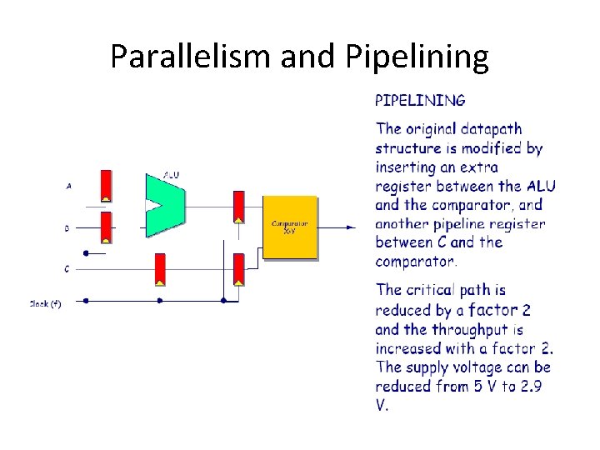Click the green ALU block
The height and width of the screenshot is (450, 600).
pos(163,205)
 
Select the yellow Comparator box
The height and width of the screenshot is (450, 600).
pos(290,227)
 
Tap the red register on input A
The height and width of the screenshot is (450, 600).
pos(106,186)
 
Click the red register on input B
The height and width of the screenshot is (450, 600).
pos(106,227)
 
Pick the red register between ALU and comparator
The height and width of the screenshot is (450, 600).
pos(238,207)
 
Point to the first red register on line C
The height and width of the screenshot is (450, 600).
pos(159,268)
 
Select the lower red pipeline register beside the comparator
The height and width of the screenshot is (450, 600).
pos(238,269)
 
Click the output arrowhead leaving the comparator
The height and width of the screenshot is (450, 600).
pos(352,227)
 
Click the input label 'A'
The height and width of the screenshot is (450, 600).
pos(67,187)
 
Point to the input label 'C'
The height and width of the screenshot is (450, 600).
pos(67,269)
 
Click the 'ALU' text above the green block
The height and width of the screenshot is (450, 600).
pos(171,175)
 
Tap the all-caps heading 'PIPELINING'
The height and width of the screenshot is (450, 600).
pos(420,101)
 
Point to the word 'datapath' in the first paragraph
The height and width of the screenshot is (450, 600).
pos(490,129)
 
